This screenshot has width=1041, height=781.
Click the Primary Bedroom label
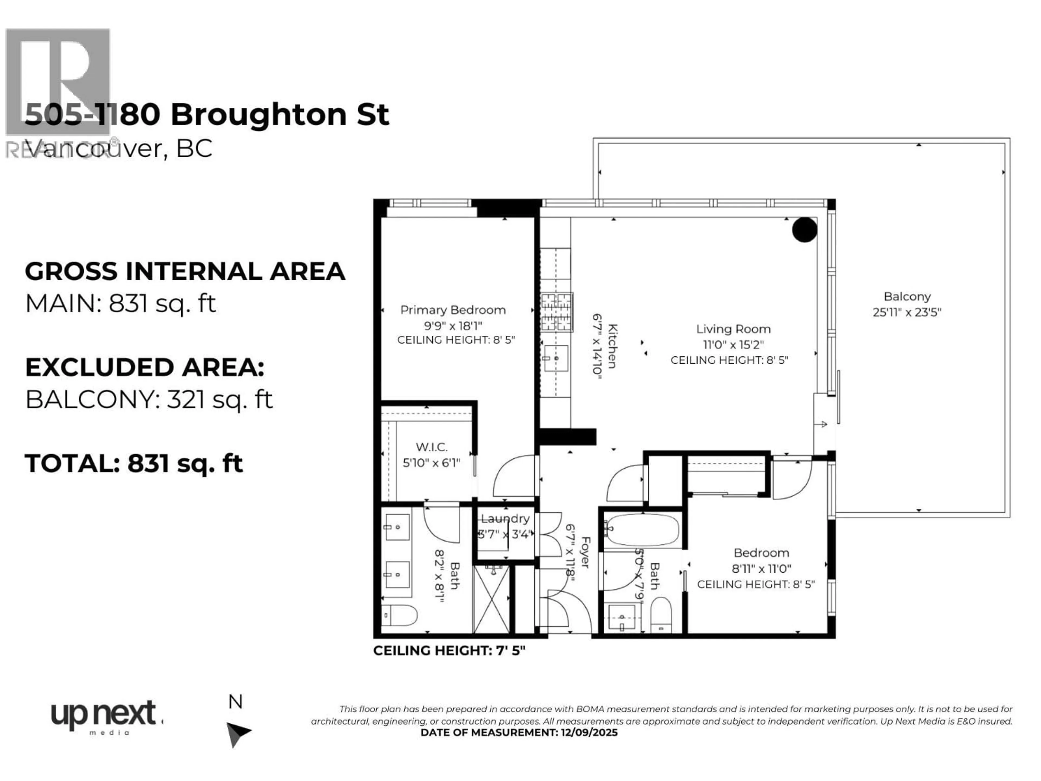point(453,310)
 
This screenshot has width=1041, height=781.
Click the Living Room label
point(733,329)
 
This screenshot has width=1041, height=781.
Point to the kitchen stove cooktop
point(557,312)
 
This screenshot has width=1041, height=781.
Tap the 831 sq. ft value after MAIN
point(162,304)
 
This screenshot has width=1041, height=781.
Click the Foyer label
point(585,552)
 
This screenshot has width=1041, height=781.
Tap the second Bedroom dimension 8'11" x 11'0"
point(761,569)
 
